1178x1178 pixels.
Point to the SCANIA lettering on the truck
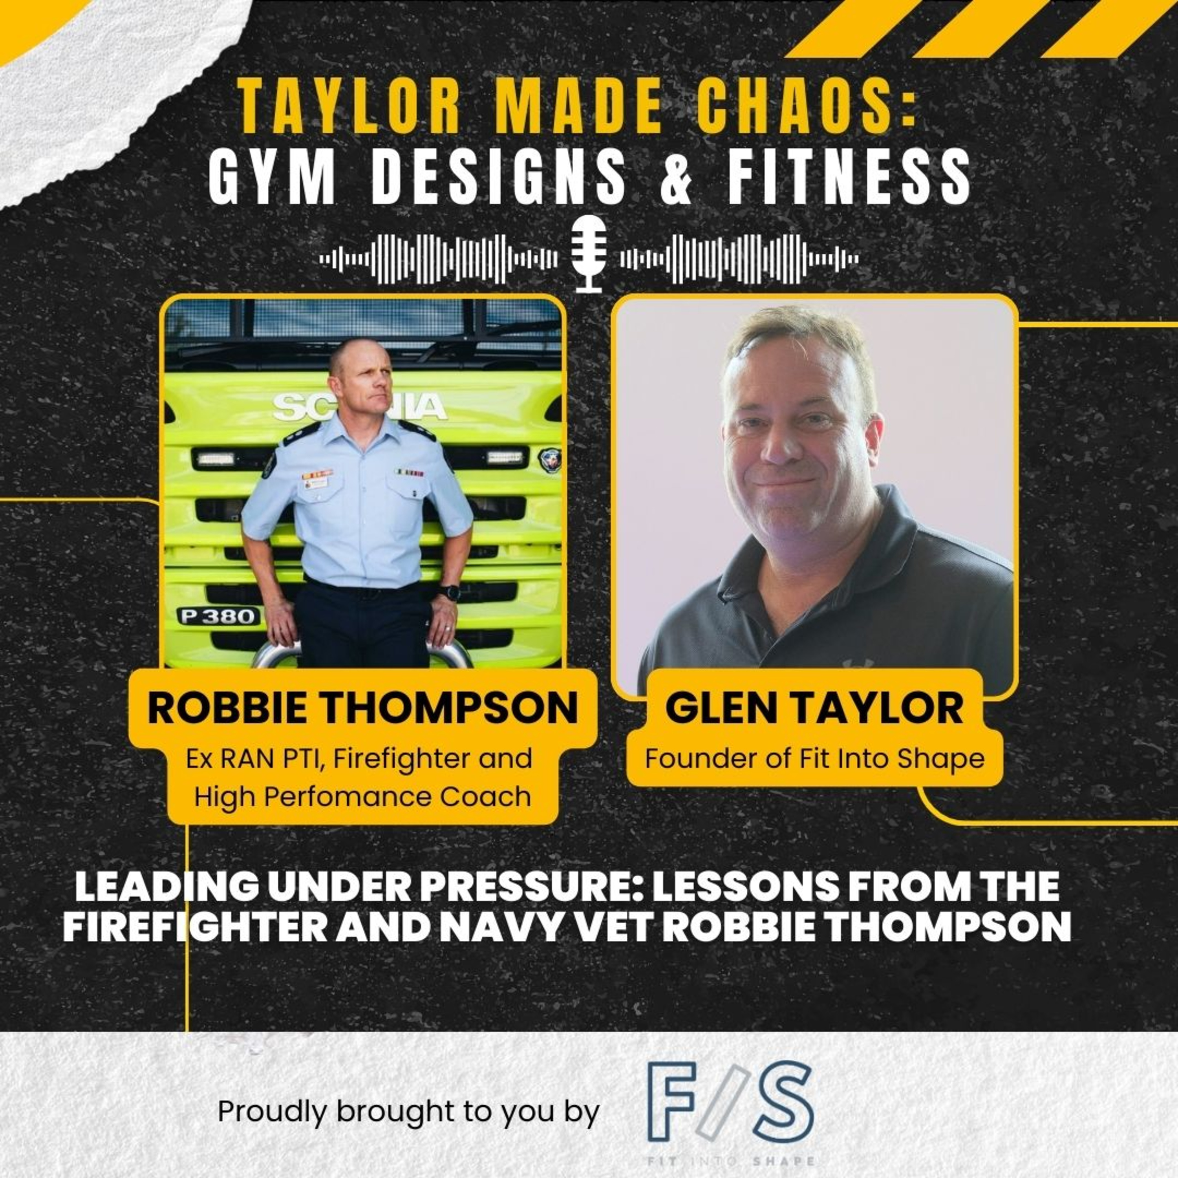coord(360,407)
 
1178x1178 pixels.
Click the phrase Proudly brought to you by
coord(408,1095)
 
